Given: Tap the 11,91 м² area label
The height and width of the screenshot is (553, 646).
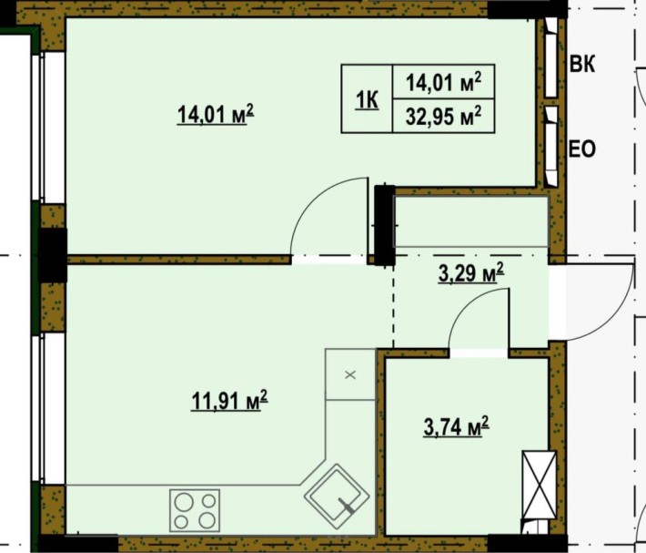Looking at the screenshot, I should (228, 400).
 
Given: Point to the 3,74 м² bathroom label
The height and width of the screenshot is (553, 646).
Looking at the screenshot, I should (456, 426).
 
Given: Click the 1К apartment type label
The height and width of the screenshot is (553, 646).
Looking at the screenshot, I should (367, 99).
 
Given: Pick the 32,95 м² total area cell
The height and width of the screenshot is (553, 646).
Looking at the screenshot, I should (442, 116).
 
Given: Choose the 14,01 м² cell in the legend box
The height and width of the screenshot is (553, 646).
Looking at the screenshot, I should (442, 84).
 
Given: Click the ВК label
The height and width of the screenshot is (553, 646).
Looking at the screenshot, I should (582, 64).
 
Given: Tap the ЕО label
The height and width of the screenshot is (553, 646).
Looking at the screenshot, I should (582, 148).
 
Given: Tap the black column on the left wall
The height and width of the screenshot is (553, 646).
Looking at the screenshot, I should (52, 254).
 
